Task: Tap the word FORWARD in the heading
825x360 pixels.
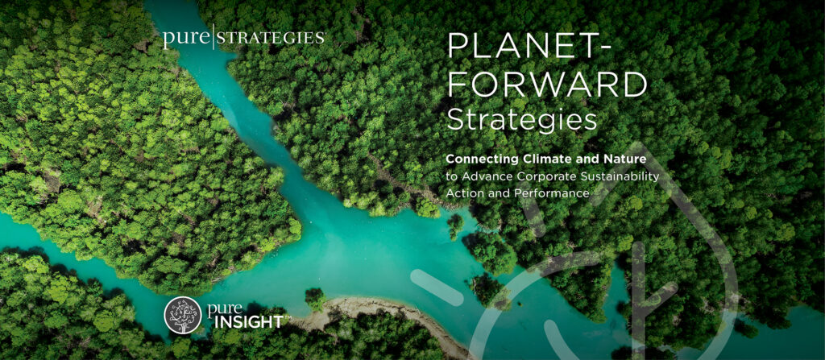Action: click(x=547, y=84)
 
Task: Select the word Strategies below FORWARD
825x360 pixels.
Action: click(x=521, y=119)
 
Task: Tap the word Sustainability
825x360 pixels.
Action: click(x=623, y=176)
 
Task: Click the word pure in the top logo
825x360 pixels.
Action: click(x=184, y=38)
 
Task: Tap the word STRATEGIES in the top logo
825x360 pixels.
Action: click(x=271, y=38)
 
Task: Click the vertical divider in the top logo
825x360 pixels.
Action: click(x=212, y=38)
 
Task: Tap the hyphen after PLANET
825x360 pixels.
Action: click(x=604, y=48)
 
